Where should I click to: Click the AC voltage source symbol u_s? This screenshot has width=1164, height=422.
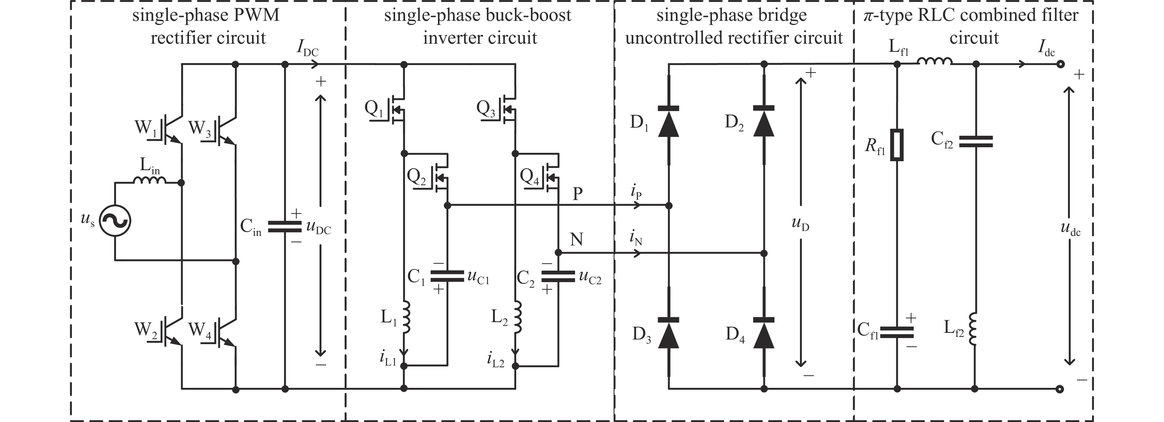pos(115,221)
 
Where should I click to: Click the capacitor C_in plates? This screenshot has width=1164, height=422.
pos(285,227)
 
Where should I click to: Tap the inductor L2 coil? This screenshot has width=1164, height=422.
pos(517,317)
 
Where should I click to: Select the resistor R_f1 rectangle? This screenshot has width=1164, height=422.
pos(897,145)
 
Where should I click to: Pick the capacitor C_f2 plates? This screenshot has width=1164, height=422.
pos(976,142)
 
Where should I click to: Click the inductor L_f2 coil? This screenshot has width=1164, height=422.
pos(976,329)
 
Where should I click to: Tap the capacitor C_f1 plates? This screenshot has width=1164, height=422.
pos(897,333)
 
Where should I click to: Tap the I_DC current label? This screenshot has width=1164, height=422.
pos(307,48)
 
